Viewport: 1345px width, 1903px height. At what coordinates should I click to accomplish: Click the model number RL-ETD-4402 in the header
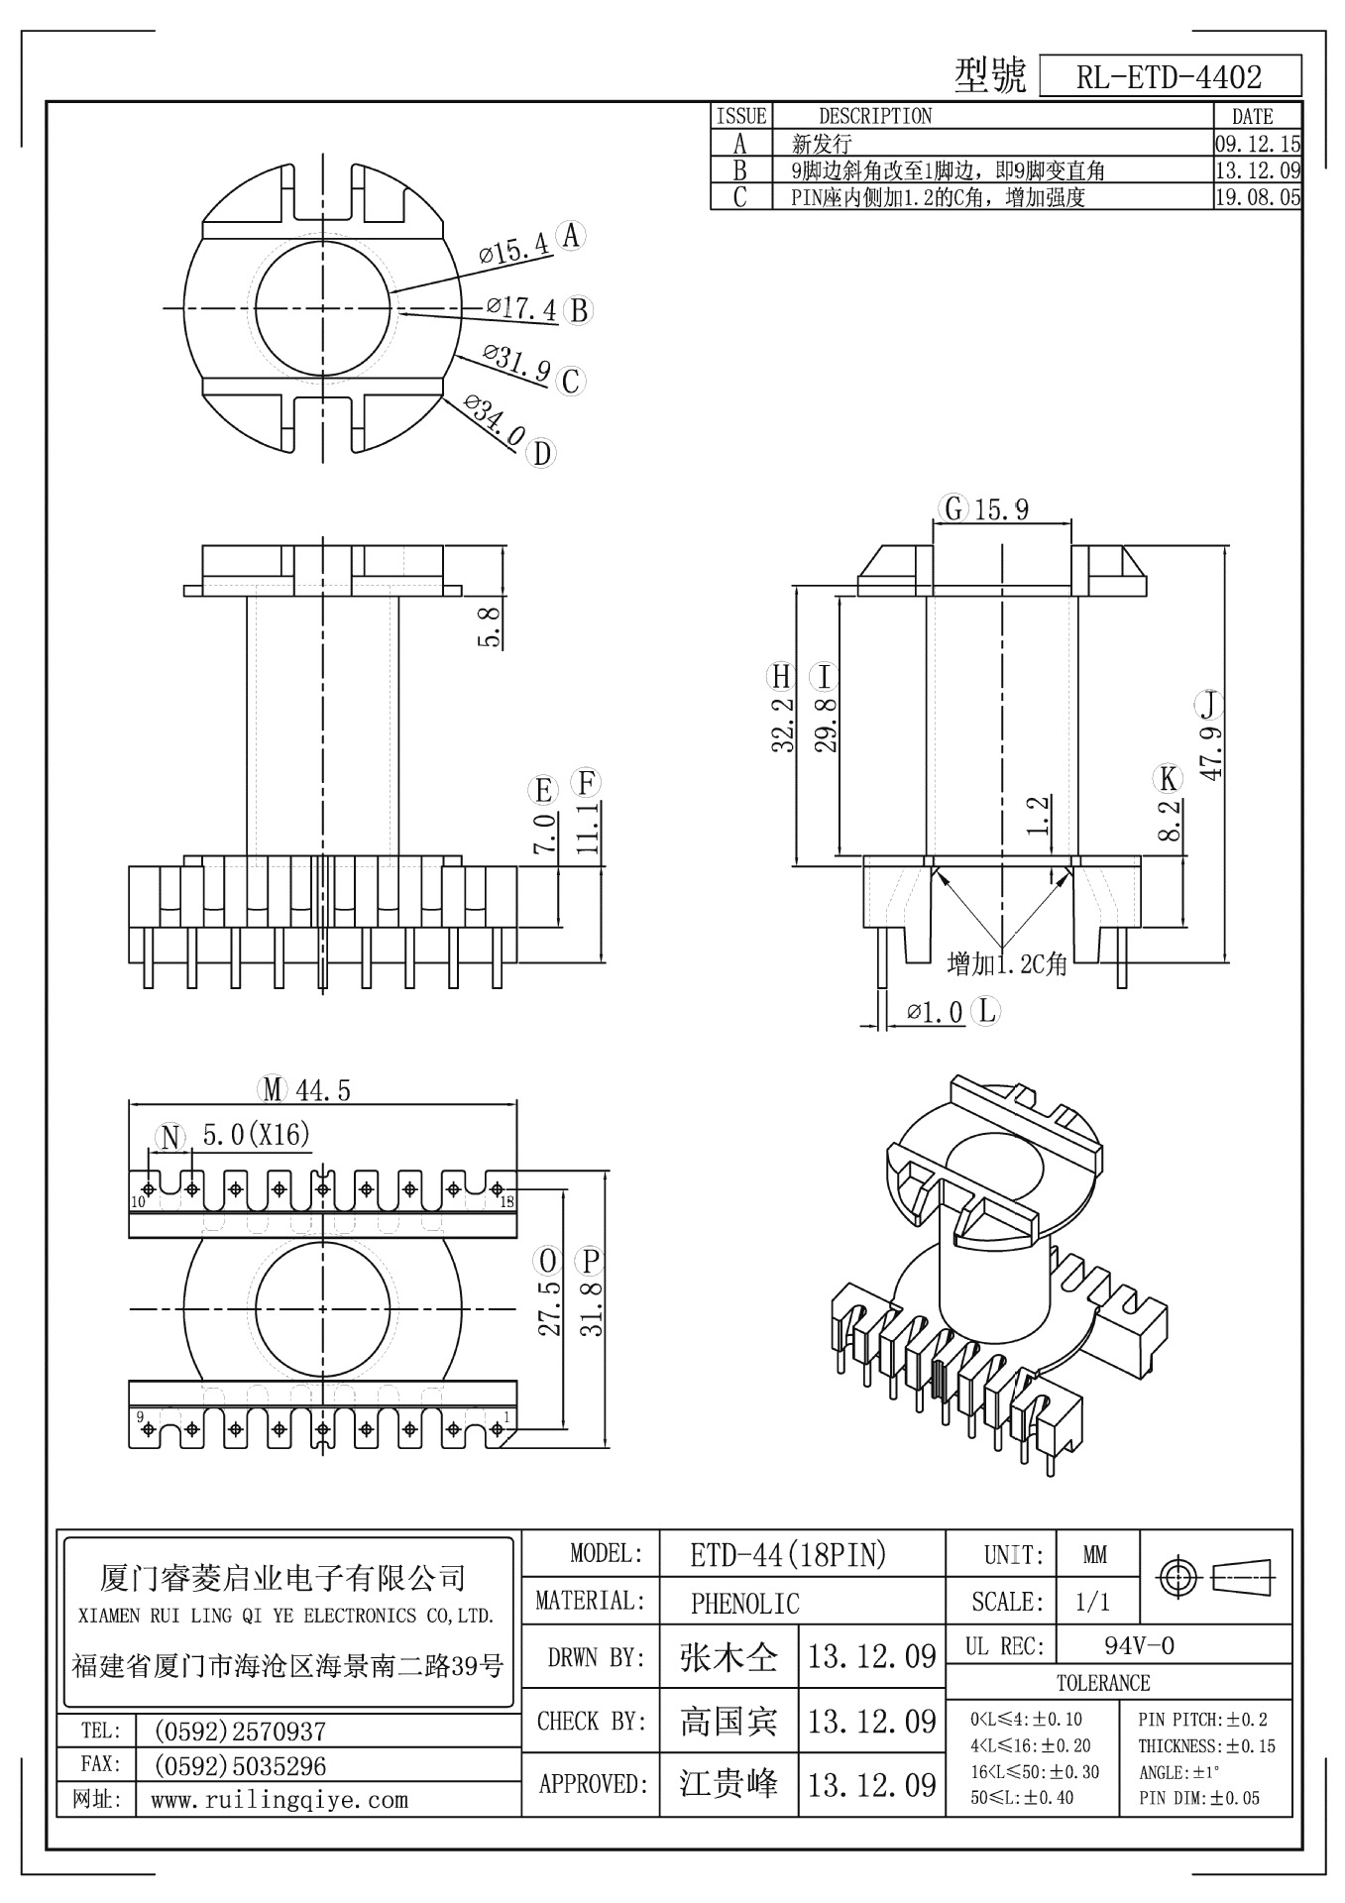[x=1169, y=76]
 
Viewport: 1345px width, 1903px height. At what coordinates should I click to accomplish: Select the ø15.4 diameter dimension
[x=514, y=247]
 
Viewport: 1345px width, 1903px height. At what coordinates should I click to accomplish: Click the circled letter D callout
[x=542, y=454]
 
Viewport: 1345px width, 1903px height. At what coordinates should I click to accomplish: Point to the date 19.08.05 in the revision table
[x=1257, y=197]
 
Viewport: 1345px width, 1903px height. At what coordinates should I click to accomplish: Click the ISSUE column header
[x=741, y=116]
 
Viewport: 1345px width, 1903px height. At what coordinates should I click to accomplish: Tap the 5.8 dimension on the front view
[x=489, y=626]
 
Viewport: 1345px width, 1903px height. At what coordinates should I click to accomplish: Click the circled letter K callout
[x=1170, y=779]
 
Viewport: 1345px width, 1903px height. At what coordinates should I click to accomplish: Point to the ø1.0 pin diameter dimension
[x=936, y=1012]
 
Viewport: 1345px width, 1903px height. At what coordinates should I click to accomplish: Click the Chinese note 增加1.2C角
[x=1006, y=962]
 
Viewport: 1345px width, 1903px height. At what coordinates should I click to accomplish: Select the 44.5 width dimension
[x=322, y=1090]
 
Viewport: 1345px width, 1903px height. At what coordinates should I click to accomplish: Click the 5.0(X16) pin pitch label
[x=257, y=1134]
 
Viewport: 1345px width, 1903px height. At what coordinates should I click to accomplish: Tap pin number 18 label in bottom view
[x=506, y=1202]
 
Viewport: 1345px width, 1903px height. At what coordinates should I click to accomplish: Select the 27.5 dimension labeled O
[x=550, y=1308]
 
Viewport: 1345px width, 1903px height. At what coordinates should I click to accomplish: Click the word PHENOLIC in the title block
[x=744, y=1603]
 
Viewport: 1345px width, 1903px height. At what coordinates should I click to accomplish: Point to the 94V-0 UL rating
[x=1139, y=1646]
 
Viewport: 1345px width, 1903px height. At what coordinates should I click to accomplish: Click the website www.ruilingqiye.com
[x=279, y=1800]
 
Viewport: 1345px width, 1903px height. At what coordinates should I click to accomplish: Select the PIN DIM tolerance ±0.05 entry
[x=1199, y=1798]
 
